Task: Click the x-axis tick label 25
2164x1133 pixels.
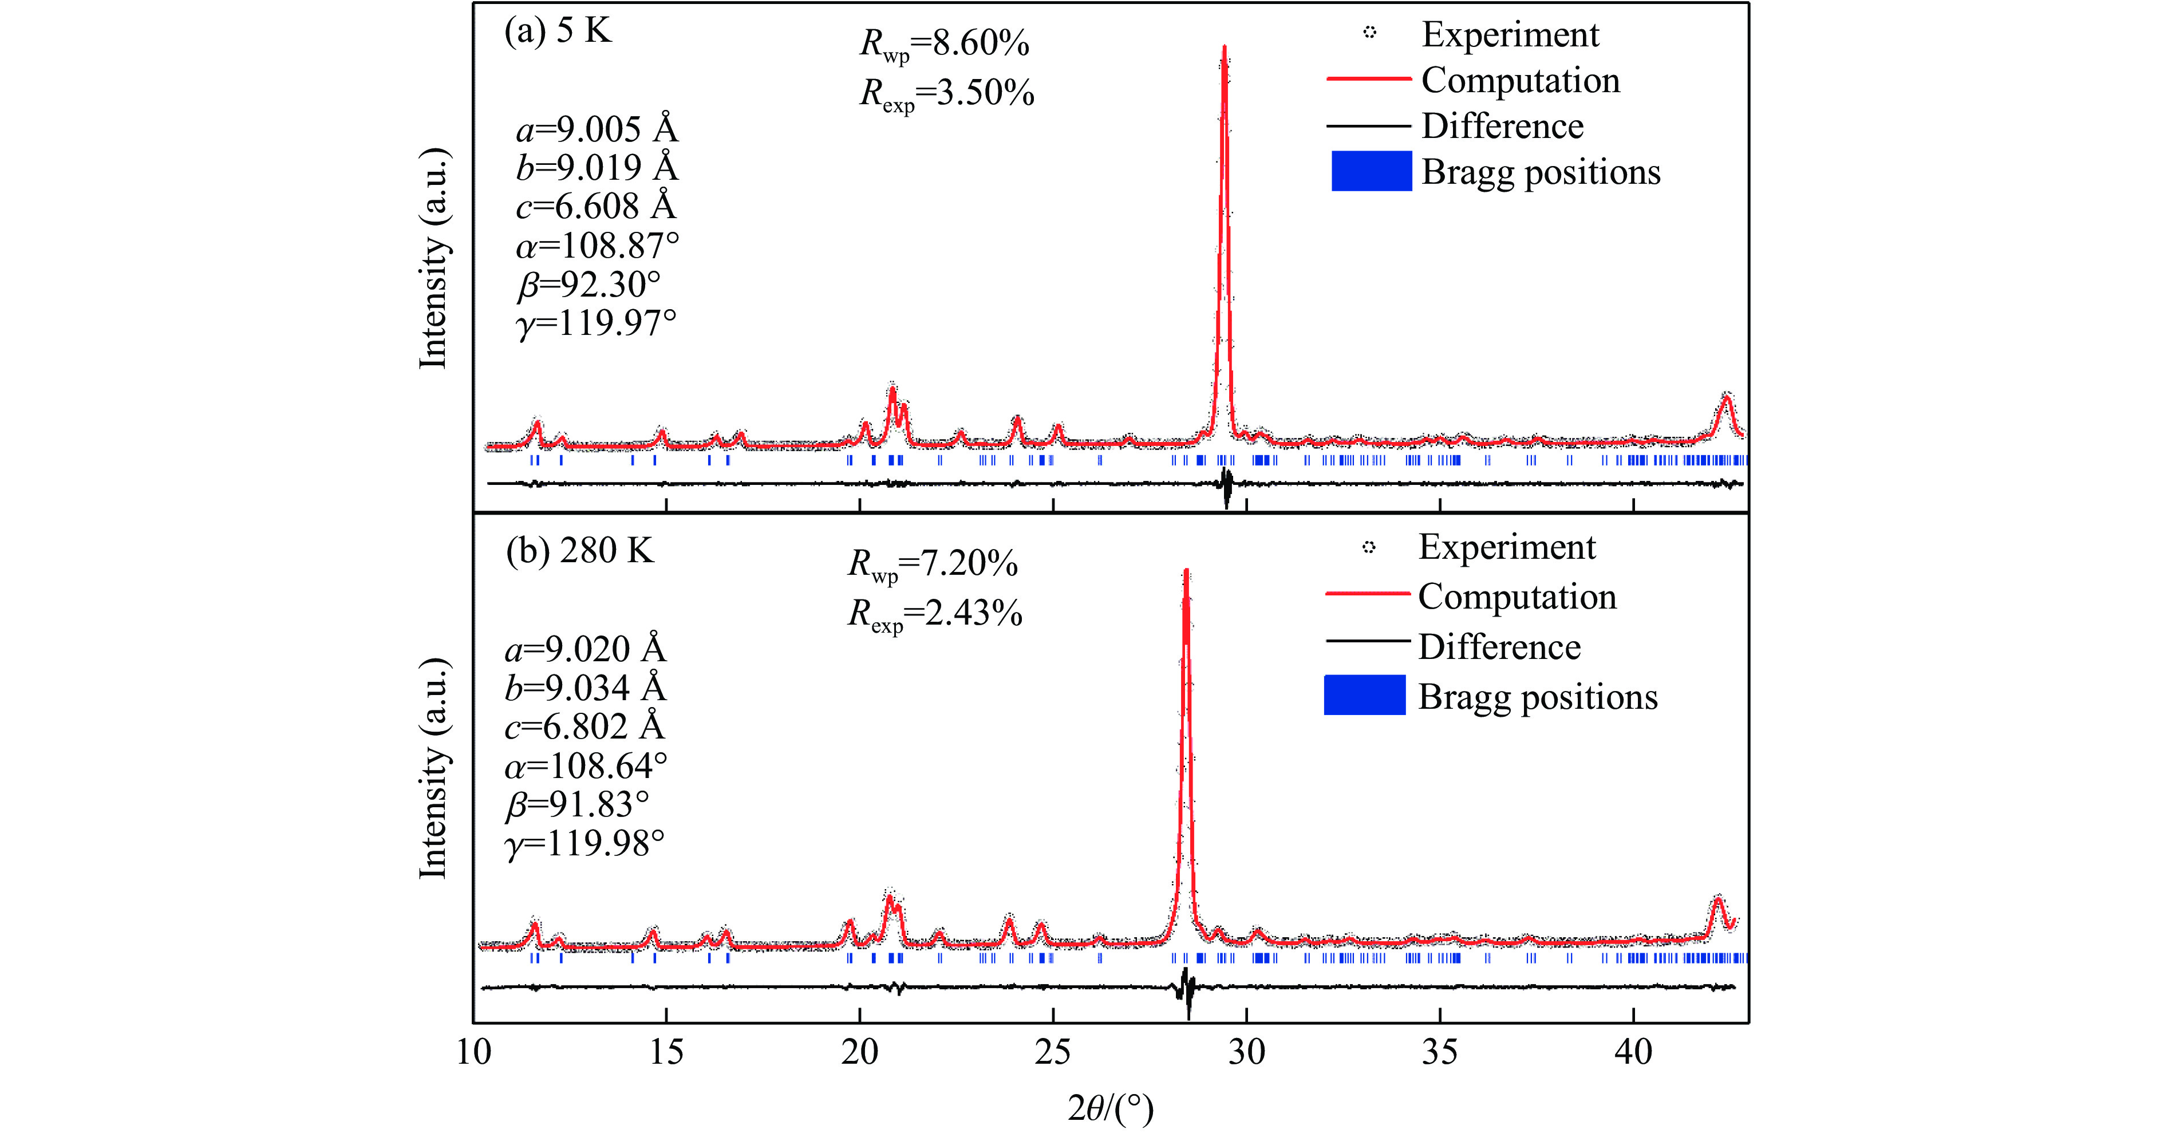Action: (x=1053, y=1052)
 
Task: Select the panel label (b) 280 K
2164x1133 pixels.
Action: (x=579, y=551)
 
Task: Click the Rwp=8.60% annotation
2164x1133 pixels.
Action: (x=944, y=44)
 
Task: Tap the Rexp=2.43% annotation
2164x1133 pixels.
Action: (x=934, y=614)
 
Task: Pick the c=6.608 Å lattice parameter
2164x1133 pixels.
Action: (x=595, y=206)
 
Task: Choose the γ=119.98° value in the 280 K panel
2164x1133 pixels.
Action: (x=585, y=843)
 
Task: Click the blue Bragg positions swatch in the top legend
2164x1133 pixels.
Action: (x=1371, y=171)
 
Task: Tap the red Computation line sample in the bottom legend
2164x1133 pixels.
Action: (x=1367, y=594)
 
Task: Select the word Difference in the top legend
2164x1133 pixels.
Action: (x=1502, y=126)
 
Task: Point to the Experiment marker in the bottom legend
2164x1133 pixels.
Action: (x=1368, y=547)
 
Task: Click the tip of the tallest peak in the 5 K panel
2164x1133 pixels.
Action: (x=1224, y=48)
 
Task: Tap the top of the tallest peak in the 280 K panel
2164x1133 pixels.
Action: (x=1185, y=572)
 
